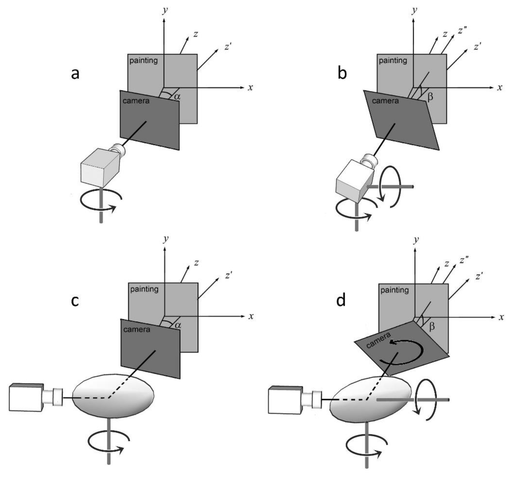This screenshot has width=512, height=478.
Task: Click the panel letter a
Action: [x=75, y=74]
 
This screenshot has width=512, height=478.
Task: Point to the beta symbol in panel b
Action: [x=430, y=97]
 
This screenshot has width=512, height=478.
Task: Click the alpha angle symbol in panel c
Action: [x=178, y=325]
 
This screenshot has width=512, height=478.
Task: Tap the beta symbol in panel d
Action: [x=432, y=326]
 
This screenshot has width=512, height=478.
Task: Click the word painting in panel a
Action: [x=143, y=61]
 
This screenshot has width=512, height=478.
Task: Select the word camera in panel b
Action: [x=385, y=101]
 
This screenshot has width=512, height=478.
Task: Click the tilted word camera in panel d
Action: [x=378, y=340]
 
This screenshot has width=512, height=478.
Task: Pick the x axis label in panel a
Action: [x=250, y=88]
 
